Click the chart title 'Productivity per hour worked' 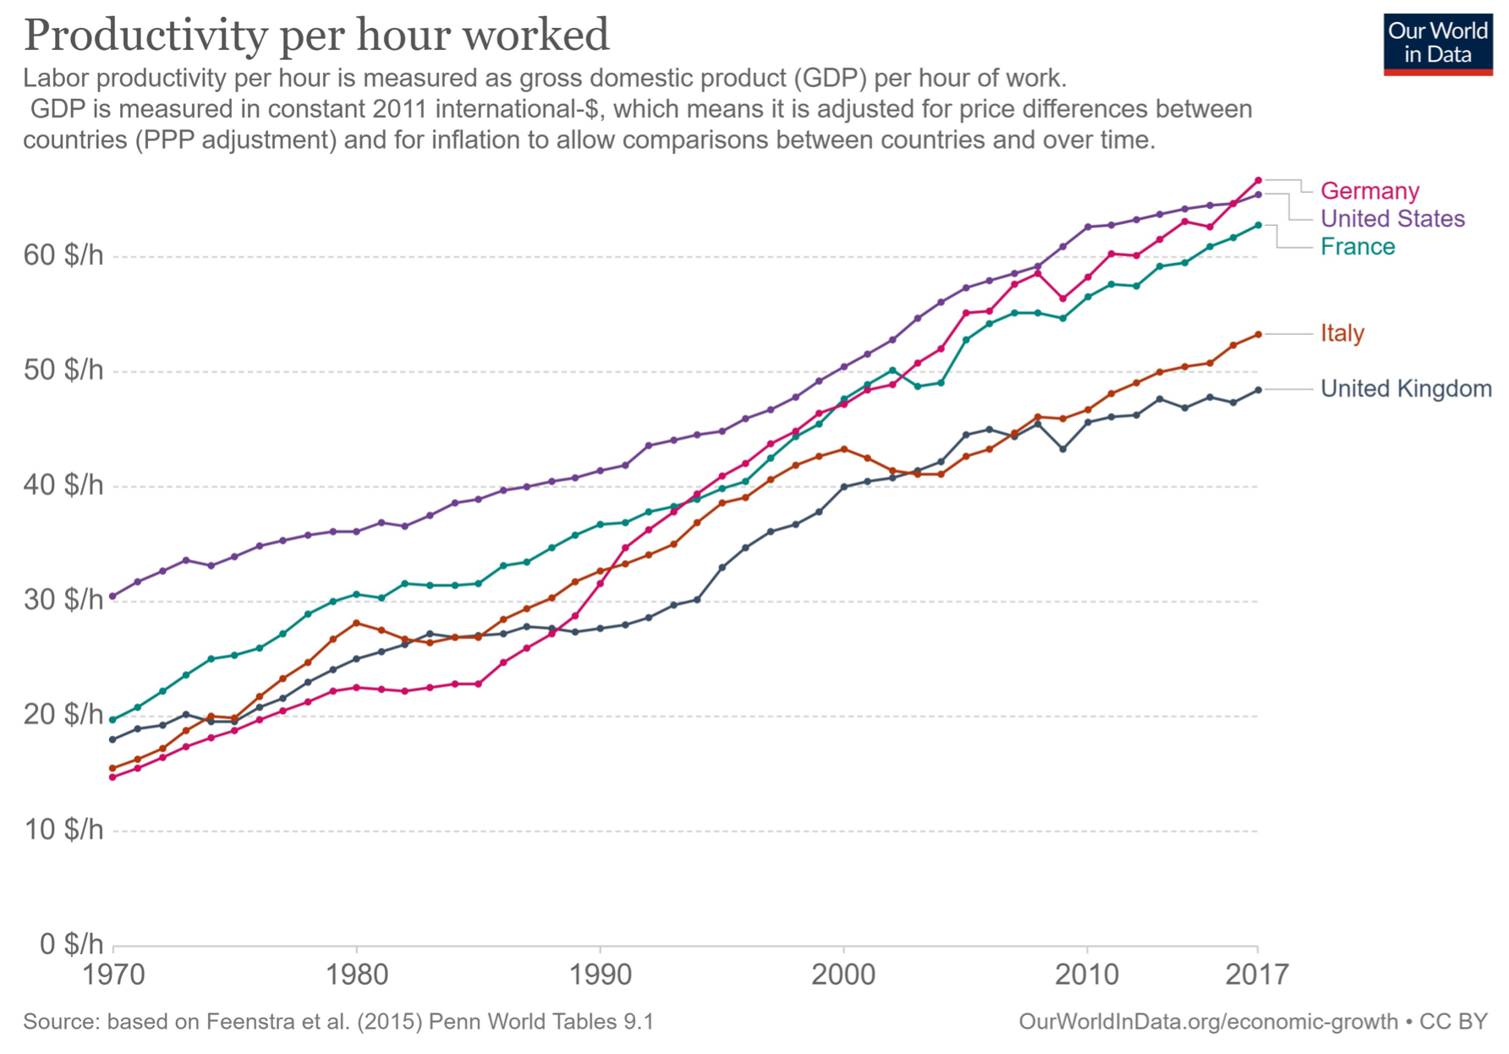(x=316, y=36)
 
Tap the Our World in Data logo (x=1437, y=44)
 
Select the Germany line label (x=1369, y=191)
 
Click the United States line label (x=1392, y=219)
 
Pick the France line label (x=1357, y=247)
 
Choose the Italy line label (x=1342, y=333)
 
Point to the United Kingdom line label (x=1406, y=389)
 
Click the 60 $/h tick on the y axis (x=63, y=255)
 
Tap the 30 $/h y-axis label (x=63, y=601)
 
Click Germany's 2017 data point (x=1258, y=180)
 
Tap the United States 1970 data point (x=112, y=596)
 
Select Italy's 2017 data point (x=1258, y=334)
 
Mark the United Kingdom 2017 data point (x=1258, y=390)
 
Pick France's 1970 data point (x=112, y=720)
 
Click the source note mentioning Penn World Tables (x=338, y=1022)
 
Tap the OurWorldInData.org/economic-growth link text (x=1208, y=1022)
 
